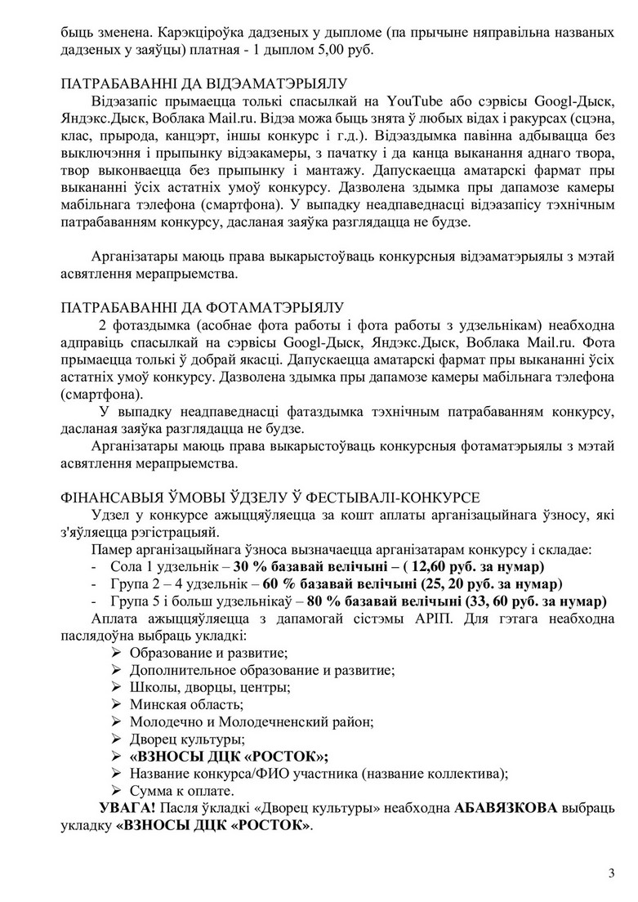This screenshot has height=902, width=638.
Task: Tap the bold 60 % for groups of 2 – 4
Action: pos(279,584)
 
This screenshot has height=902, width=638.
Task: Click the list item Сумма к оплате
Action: pos(181,791)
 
